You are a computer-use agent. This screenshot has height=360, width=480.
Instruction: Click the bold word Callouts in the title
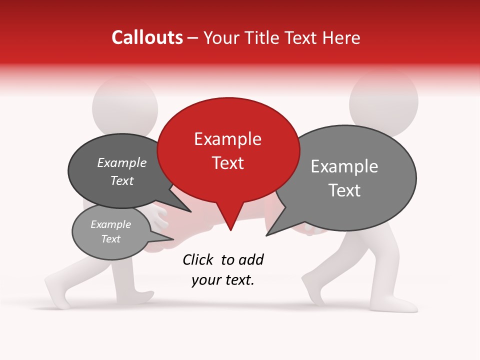pos(147,37)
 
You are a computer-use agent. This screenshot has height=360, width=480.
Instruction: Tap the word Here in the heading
pos(341,38)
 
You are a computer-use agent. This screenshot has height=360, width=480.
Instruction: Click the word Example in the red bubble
pos(227,139)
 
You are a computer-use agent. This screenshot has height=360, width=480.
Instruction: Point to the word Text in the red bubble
pos(227,163)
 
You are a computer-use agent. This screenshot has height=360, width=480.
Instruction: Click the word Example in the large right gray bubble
pos(344,166)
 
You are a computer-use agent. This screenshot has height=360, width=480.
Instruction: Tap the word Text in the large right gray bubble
pos(344,190)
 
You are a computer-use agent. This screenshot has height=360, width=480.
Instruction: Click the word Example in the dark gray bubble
pos(122,162)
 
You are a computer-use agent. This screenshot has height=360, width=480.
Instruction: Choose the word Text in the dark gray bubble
pos(122,180)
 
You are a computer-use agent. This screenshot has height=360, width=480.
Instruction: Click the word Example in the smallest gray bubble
pos(110,224)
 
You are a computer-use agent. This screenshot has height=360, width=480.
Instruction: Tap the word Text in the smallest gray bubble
pos(110,239)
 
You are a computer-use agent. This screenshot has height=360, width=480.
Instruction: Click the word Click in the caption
pos(199,259)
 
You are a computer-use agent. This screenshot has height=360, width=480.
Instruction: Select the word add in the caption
pos(251,259)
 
